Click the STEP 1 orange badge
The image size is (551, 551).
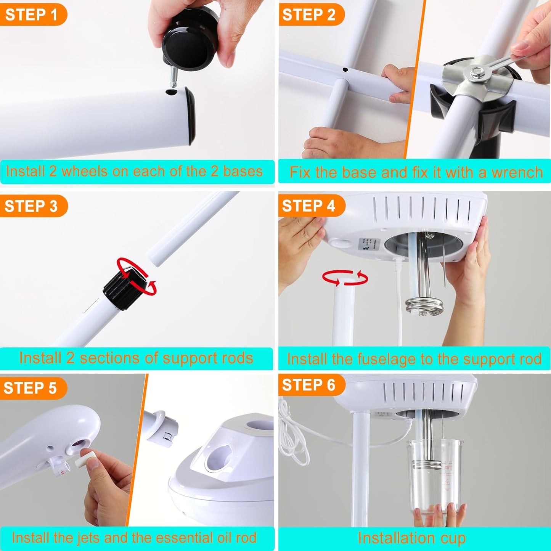tap(31, 15)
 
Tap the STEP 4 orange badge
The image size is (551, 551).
tap(309, 206)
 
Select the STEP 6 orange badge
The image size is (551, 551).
tap(309, 385)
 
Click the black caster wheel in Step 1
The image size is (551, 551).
tap(191, 42)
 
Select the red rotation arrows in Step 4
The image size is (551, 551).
tap(345, 278)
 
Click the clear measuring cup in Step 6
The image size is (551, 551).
tap(437, 477)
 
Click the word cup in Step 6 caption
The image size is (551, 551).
tap(453, 538)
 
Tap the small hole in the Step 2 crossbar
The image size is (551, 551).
tap(345, 70)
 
